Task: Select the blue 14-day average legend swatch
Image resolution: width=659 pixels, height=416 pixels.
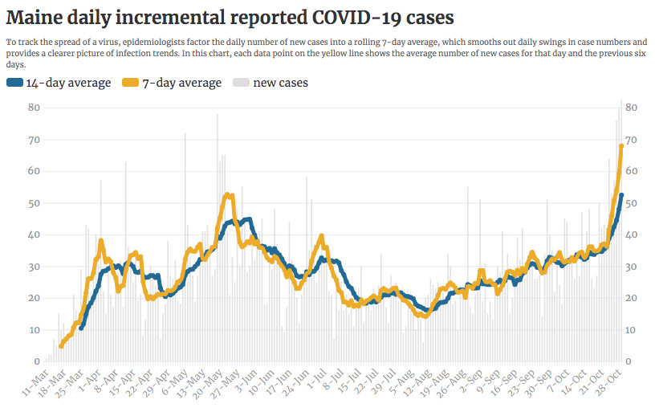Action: (x=15, y=83)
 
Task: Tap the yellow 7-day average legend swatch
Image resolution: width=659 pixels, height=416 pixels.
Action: (x=131, y=83)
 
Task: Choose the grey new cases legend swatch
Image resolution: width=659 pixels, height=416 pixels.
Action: (x=242, y=83)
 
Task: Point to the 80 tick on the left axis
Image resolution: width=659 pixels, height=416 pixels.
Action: (x=34, y=108)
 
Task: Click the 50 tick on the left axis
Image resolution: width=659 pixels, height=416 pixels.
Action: (x=34, y=203)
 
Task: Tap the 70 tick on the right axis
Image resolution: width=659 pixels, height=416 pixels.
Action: (x=631, y=140)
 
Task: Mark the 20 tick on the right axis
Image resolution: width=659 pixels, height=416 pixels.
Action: (x=631, y=299)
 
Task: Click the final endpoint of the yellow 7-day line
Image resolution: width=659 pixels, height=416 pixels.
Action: (x=621, y=145)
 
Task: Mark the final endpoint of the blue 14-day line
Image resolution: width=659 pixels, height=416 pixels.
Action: (x=621, y=195)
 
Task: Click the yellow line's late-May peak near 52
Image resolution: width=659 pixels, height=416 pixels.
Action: (x=229, y=195)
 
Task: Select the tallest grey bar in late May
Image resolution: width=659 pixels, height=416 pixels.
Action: (x=218, y=115)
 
